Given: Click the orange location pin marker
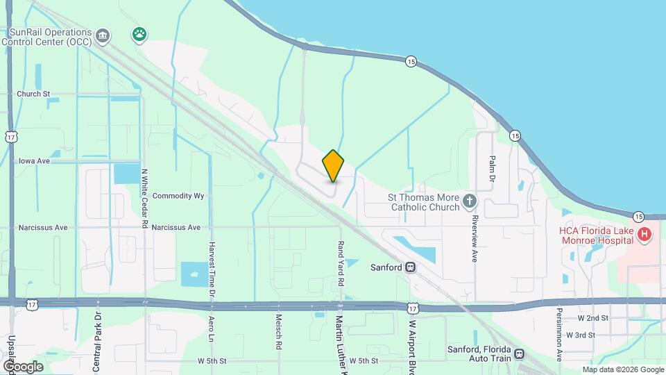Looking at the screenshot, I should pyautogui.click(x=334, y=166).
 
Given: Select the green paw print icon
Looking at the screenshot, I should pyautogui.click(x=139, y=33).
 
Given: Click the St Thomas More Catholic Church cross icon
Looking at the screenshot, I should pyautogui.click(x=470, y=201).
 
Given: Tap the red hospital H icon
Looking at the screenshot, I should pyautogui.click(x=644, y=235).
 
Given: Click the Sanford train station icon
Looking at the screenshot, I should pyautogui.click(x=411, y=267).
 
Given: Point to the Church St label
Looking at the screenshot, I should pyautogui.click(x=34, y=94).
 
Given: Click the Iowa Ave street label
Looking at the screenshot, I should pyautogui.click(x=34, y=160).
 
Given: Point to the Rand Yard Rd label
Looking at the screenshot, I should pyautogui.click(x=341, y=265).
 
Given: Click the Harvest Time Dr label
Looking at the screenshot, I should pyautogui.click(x=212, y=267).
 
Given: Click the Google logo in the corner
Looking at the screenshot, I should pyautogui.click(x=23, y=366).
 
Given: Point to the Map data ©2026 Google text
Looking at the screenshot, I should pyautogui.click(x=622, y=369).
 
